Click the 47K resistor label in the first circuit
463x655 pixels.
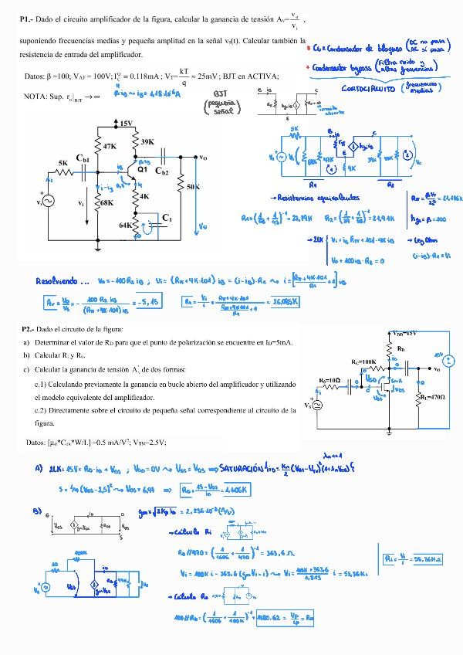[x=110, y=146]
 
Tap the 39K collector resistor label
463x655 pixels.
[x=148, y=142]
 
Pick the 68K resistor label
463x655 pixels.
[x=104, y=203]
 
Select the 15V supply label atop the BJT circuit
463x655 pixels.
[x=127, y=124]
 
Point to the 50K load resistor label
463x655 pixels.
[x=193, y=187]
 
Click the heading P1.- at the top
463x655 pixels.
[x=25, y=18]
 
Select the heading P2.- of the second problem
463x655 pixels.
[x=30, y=328]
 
